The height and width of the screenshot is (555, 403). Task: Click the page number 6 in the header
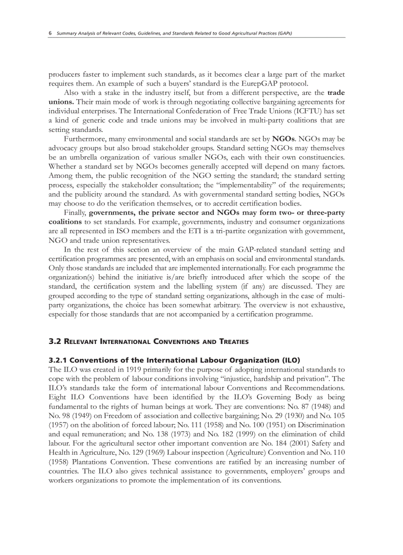point(50,33)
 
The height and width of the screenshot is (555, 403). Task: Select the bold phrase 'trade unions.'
point(336,92)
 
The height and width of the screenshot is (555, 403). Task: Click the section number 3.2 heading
point(54,342)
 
